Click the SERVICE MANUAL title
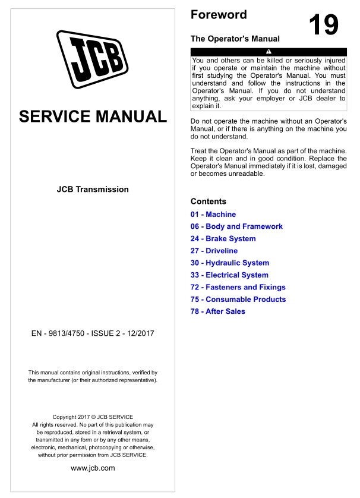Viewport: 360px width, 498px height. pyautogui.click(x=93, y=116)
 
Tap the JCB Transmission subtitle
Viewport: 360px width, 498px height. pyautogui.click(x=93, y=190)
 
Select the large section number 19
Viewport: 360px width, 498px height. pyautogui.click(x=324, y=25)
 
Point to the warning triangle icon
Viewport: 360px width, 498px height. pyautogui.click(x=268, y=53)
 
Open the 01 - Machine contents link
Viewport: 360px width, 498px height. pyautogui.click(x=213, y=215)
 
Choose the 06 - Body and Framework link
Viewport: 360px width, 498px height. pyautogui.click(x=236, y=226)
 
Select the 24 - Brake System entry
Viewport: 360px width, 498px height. pyautogui.click(x=223, y=239)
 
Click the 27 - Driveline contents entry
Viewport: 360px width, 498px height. pyautogui.click(x=214, y=251)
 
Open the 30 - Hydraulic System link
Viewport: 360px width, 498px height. pyautogui.click(x=230, y=263)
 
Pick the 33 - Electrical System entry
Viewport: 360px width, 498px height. pyautogui.click(x=229, y=275)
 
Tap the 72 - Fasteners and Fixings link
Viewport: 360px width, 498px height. pyautogui.click(x=238, y=287)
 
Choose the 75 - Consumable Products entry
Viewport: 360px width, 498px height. pyautogui.click(x=238, y=300)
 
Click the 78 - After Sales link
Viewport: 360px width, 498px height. pyautogui.click(x=217, y=311)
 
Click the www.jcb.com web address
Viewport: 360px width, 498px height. pyautogui.click(x=93, y=468)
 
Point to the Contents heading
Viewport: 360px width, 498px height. pyautogui.click(x=208, y=201)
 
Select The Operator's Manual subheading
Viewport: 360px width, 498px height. pyautogui.click(x=235, y=39)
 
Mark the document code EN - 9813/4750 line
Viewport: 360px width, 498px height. pyautogui.click(x=93, y=333)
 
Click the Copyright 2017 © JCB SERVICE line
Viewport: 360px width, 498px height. pyautogui.click(x=93, y=417)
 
